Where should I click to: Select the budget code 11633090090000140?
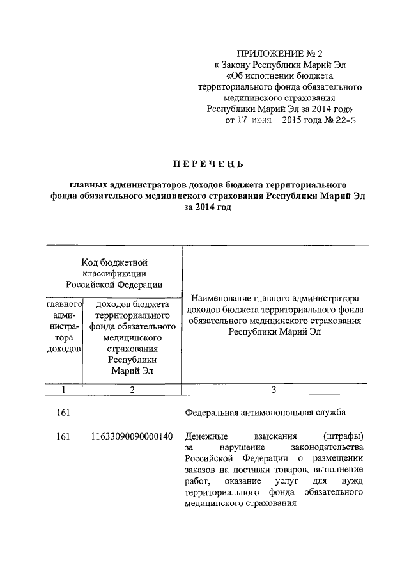(x=132, y=437)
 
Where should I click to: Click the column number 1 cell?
(x=63, y=390)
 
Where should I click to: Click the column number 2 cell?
(x=132, y=390)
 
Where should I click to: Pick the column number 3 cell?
(x=274, y=390)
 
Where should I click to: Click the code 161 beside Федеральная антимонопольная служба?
(x=63, y=413)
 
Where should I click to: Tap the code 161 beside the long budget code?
(x=63, y=437)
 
